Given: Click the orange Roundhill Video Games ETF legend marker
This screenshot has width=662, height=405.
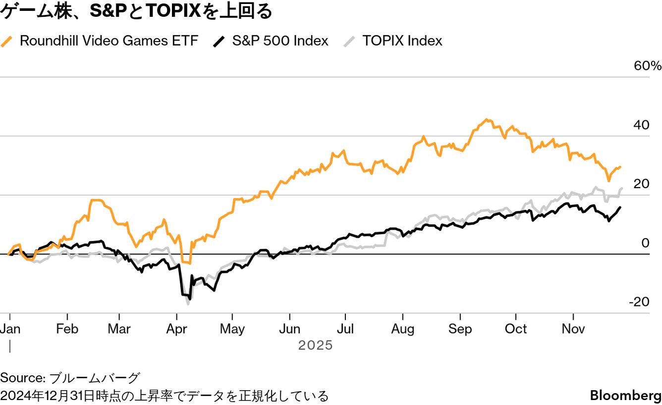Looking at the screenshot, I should (7, 41).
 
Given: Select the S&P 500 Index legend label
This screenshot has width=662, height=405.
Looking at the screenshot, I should (280, 41).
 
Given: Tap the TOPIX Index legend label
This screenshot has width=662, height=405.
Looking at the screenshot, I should (402, 41).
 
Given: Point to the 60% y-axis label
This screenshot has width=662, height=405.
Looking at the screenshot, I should (648, 66).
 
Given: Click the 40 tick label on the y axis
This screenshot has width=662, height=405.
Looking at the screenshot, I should (642, 125).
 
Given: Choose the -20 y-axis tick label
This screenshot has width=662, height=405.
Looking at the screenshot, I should (639, 302).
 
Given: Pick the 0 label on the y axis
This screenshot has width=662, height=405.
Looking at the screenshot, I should (645, 243).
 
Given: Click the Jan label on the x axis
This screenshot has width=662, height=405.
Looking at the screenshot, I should (10, 329).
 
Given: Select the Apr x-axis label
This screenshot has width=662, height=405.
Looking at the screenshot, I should (177, 329).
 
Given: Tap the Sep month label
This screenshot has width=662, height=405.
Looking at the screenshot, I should (460, 329).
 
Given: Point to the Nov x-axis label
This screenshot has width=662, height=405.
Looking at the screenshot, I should (573, 329).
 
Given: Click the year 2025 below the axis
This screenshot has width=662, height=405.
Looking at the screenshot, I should (316, 345).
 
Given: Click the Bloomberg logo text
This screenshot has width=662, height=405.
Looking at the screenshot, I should (625, 396).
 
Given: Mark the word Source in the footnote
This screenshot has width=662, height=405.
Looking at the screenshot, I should (22, 378).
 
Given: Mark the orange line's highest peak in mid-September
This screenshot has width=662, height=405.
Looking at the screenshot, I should (488, 119).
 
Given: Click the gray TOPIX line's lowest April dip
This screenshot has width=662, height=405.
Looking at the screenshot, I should (188, 304).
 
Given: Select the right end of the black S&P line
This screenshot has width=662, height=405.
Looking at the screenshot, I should (620, 207).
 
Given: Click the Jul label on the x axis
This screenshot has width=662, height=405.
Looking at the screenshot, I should (345, 329).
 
